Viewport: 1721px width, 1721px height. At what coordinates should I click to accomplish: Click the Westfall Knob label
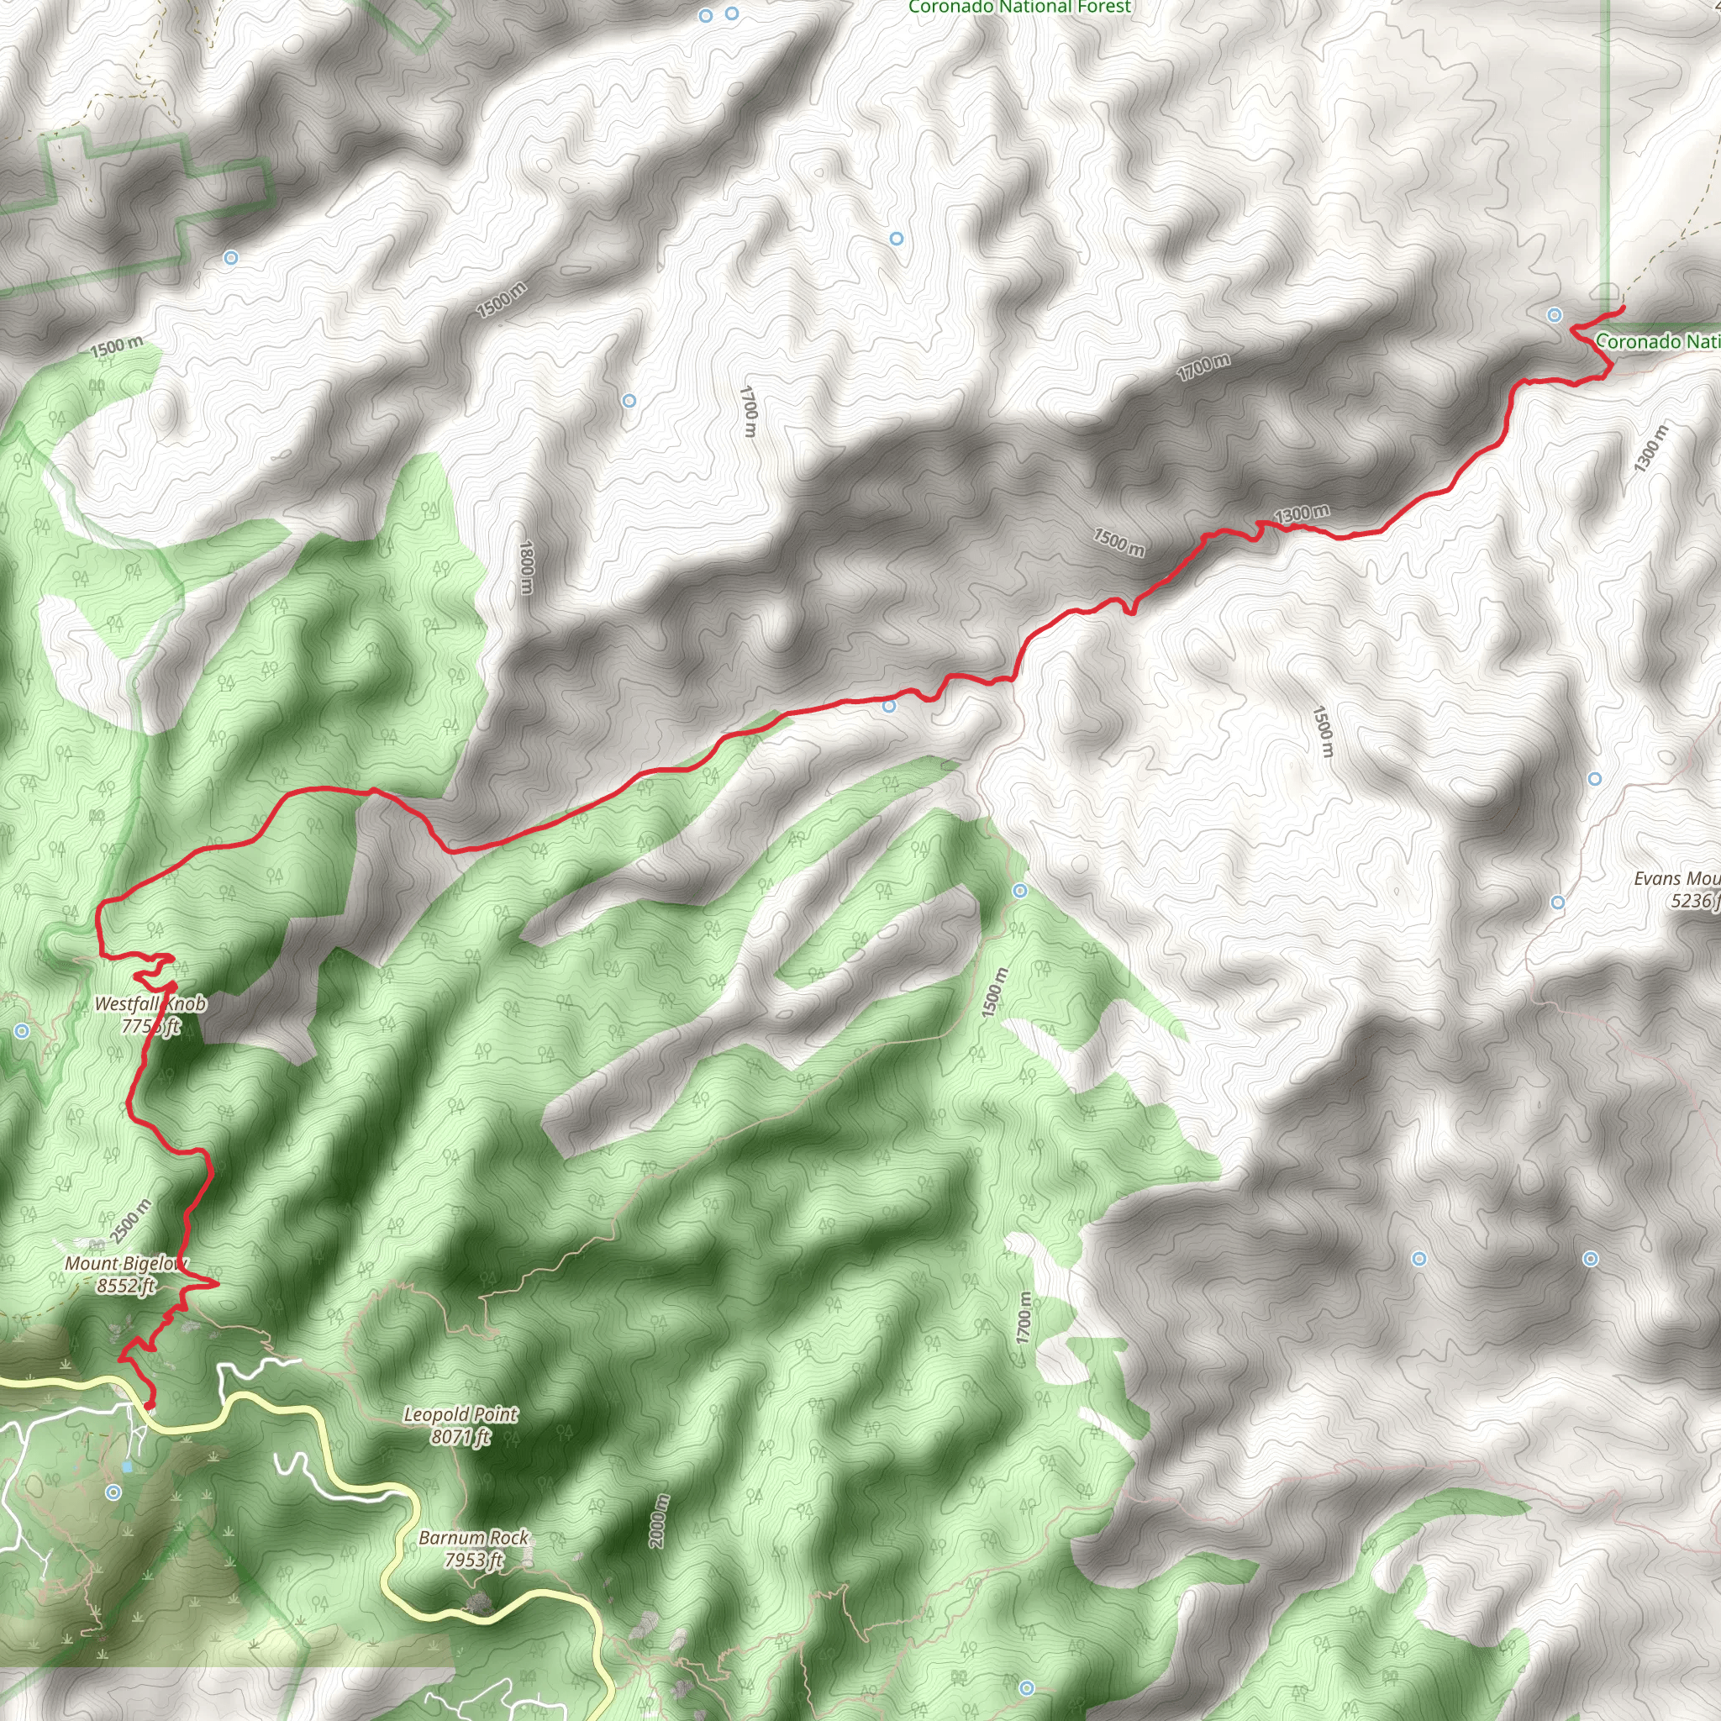pyautogui.click(x=150, y=1004)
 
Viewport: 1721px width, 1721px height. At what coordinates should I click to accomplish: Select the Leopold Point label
pyautogui.click(x=461, y=1413)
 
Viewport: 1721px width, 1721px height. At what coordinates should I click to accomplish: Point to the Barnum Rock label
pyautogui.click(x=473, y=1537)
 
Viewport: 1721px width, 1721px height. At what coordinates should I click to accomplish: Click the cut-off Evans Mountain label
pyautogui.click(x=1676, y=879)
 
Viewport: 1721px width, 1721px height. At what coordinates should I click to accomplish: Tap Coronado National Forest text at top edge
pyautogui.click(x=1019, y=7)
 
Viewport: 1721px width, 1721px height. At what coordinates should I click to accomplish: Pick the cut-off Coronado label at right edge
pyautogui.click(x=1657, y=341)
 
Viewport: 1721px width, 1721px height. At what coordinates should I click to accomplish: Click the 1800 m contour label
pyautogui.click(x=526, y=568)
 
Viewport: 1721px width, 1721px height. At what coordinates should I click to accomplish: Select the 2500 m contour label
pyautogui.click(x=131, y=1221)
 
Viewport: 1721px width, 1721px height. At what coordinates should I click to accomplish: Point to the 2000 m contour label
pyautogui.click(x=658, y=1520)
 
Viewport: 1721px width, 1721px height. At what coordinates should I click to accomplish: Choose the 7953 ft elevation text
pyautogui.click(x=473, y=1560)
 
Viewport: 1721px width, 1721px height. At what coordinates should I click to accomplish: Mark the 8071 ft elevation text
pyautogui.click(x=461, y=1437)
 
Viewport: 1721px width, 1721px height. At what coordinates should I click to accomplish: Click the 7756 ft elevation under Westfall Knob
pyautogui.click(x=150, y=1027)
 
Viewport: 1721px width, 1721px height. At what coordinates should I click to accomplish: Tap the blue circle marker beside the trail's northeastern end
pyautogui.click(x=1555, y=314)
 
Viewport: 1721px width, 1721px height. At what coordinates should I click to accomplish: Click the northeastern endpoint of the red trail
pyautogui.click(x=1622, y=308)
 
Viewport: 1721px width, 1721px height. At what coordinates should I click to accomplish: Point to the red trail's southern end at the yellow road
pyautogui.click(x=149, y=1406)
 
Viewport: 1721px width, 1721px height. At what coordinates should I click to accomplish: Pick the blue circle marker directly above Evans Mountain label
pyautogui.click(x=1594, y=778)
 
